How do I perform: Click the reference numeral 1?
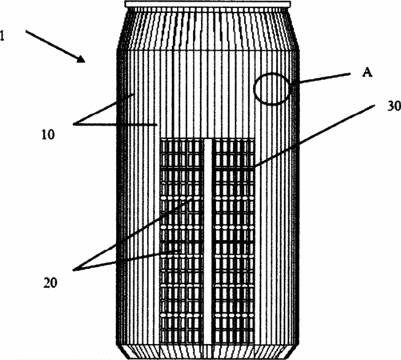pos(2,36)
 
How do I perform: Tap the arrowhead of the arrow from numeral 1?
pos(81,59)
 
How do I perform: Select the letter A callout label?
pos(367,72)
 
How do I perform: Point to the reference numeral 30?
pos(394,106)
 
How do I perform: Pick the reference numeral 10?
pos(48,134)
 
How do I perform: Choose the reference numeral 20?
pos(50,283)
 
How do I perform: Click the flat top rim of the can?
pos(208,4)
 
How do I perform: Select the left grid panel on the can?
pos(182,241)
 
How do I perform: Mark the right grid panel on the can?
pos(233,241)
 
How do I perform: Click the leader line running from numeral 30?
pos(314,136)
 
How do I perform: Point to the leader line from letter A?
pos(321,78)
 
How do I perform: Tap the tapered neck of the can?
pos(208,29)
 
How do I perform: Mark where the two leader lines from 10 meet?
pos(74,124)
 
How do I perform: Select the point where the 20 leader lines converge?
pos(74,270)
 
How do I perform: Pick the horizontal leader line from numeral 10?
pos(115,124)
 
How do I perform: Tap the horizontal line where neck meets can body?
pos(208,50)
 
